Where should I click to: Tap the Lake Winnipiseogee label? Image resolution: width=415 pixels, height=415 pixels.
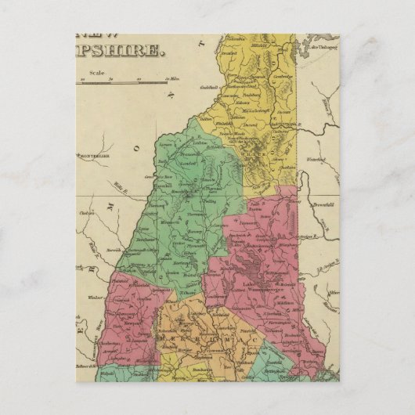tap(262, 286)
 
